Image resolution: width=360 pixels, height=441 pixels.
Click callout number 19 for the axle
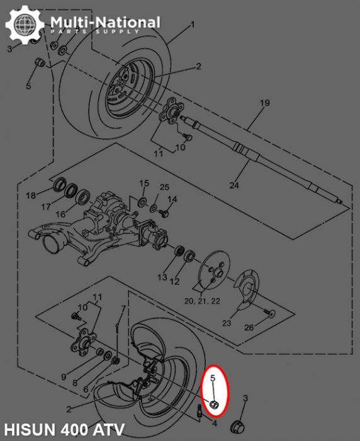point(264,103)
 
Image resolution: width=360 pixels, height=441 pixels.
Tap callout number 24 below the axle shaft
point(233,185)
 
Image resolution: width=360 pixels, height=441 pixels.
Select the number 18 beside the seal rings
point(31,196)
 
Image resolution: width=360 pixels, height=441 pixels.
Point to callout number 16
point(60,214)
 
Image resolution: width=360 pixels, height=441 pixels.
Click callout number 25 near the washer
point(164,187)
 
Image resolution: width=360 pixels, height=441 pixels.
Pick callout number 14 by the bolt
point(172,199)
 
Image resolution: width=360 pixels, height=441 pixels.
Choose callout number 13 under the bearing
point(162,277)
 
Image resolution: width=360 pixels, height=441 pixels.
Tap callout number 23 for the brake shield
point(226,323)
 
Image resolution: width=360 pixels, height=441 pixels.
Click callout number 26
point(249,328)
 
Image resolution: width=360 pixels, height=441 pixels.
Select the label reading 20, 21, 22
point(203,301)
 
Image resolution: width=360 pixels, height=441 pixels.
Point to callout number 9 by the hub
point(63,377)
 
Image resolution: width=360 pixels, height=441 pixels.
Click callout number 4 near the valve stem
point(214,423)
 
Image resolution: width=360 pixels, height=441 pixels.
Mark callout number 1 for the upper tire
point(191,25)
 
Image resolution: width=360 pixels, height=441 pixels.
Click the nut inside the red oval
point(213,405)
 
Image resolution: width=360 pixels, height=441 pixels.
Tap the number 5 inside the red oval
point(213,378)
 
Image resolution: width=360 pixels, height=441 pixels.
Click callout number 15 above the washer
point(143,183)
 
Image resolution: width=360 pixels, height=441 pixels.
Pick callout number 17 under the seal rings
point(45,207)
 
